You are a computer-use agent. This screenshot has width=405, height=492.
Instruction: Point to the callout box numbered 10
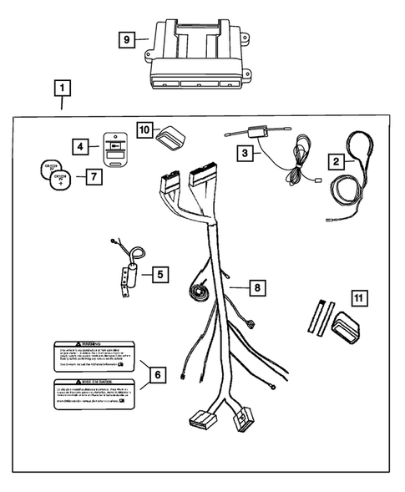click(144, 129)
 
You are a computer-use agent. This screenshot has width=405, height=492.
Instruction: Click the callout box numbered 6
click(156, 375)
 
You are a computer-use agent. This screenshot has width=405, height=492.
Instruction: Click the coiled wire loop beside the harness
click(201, 292)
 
